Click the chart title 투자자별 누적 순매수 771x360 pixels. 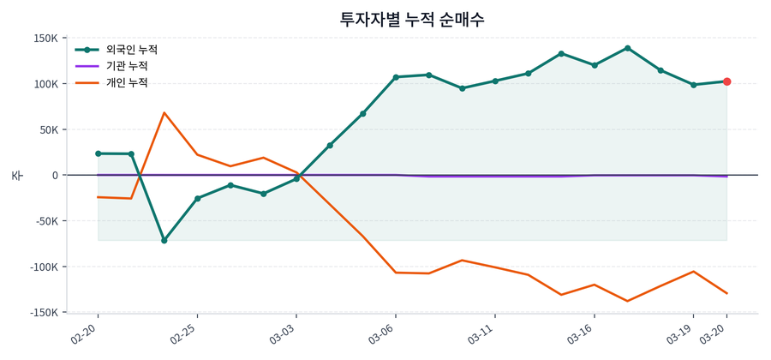coord(412,20)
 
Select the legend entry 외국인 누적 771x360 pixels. coord(126,50)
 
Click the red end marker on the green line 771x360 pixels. coord(726,81)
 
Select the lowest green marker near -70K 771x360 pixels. coord(164,240)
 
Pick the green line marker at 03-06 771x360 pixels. coord(396,77)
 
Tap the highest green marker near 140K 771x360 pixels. coord(628,48)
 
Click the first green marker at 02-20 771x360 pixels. coord(98,153)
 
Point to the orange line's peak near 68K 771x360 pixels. coord(164,112)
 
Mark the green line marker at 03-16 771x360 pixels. coord(595,65)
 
